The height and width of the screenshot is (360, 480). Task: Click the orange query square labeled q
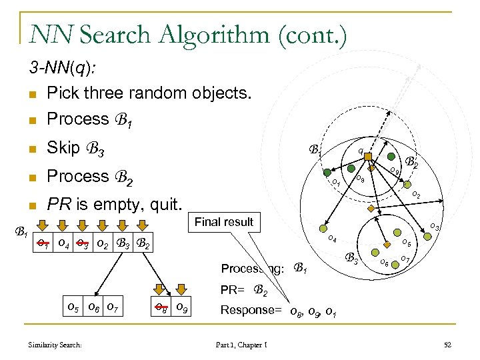point(367,157)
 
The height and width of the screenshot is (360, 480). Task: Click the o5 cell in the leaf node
point(73,308)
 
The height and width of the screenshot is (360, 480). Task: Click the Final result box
point(223,222)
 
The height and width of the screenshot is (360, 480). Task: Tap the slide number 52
point(447,344)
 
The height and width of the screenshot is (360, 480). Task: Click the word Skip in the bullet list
point(63,147)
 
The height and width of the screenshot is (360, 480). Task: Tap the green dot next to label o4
point(325,227)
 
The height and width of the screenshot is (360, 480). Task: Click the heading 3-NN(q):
point(61,67)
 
